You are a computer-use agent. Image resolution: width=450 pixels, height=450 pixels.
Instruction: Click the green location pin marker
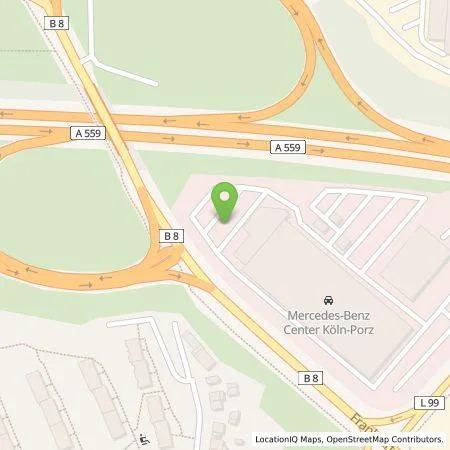click(226, 201)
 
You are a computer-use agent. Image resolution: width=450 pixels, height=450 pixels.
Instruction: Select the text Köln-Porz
click(346, 330)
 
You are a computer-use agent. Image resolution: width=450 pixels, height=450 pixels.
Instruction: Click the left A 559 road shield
click(87, 132)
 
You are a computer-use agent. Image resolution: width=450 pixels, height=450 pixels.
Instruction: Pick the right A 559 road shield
click(286, 147)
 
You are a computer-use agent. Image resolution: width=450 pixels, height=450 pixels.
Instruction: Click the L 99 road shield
click(427, 402)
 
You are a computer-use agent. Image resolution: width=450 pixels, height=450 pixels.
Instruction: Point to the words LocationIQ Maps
click(286, 439)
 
